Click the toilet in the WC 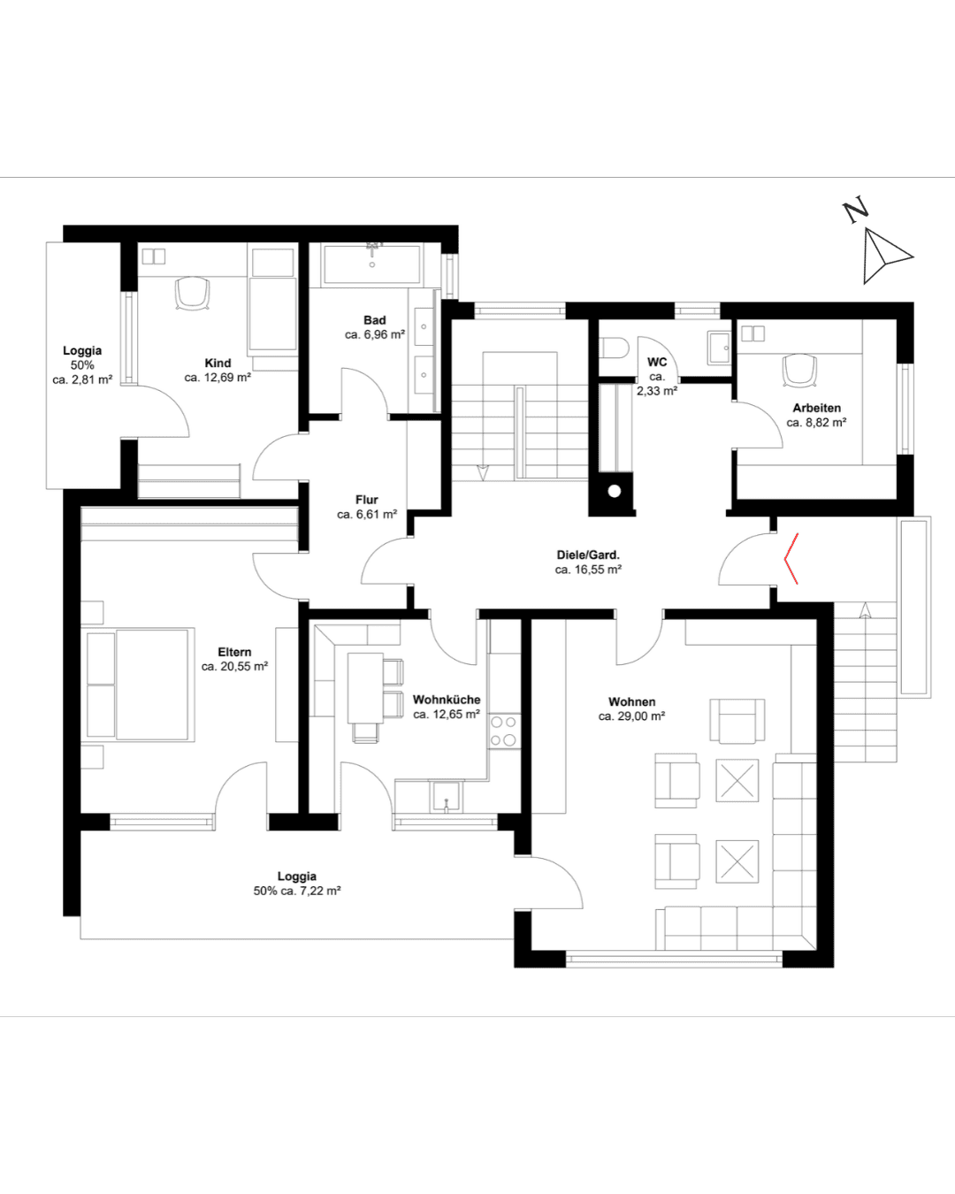point(615,349)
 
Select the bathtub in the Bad point(372,264)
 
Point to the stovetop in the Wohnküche point(504,731)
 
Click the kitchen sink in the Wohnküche point(447,797)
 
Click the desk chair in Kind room point(192,293)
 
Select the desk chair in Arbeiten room point(799,370)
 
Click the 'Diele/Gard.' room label point(588,555)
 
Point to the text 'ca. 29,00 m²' point(631,716)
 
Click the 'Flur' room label point(367,500)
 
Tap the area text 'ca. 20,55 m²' point(234,666)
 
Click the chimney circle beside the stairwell point(615,492)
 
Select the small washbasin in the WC point(719,348)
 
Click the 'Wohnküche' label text point(447,700)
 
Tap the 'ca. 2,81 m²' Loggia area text point(83,380)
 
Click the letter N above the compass point(856,210)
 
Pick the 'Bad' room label point(375,320)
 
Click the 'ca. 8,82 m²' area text point(816,422)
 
